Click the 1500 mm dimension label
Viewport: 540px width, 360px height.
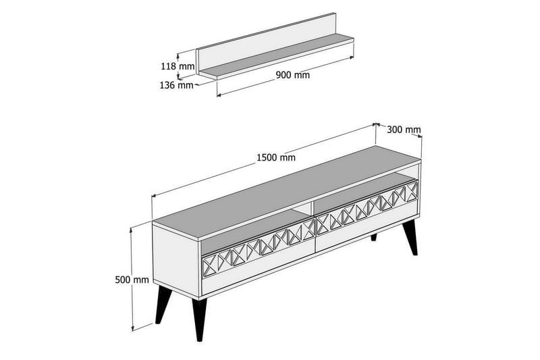tap(275, 157)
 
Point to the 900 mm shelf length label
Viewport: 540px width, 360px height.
tap(293, 75)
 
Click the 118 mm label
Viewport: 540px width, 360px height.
tap(178, 66)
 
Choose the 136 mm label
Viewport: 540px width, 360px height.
tap(177, 85)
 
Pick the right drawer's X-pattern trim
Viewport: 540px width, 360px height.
tap(368, 207)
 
